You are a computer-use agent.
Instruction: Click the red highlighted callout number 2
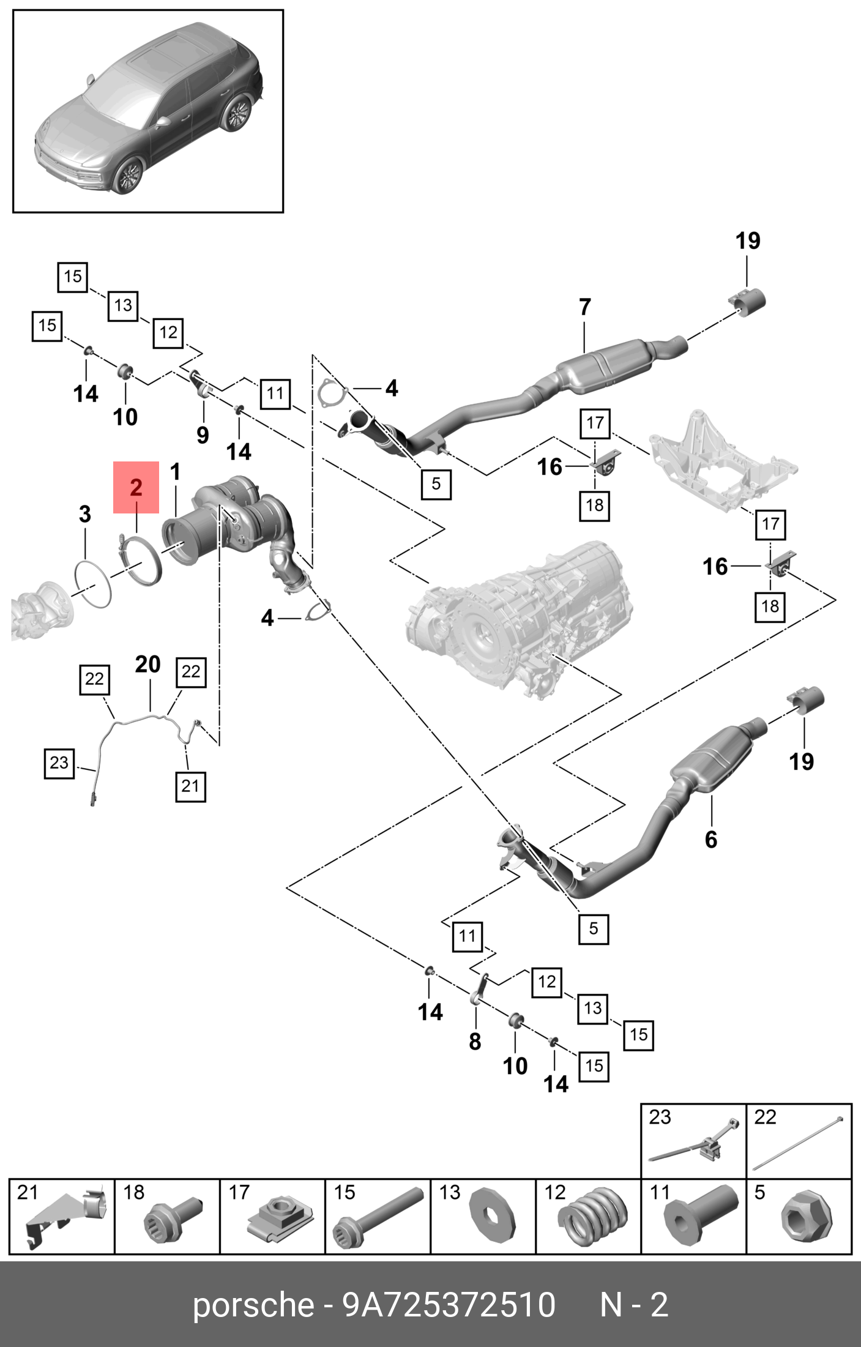coord(136,487)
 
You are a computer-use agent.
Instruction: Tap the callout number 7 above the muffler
coord(585,307)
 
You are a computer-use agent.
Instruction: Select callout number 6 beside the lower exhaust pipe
coord(710,839)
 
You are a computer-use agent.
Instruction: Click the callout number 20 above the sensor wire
coord(147,664)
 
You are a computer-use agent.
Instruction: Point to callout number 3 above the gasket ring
coord(85,514)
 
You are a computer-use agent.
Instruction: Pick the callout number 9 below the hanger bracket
coord(203,435)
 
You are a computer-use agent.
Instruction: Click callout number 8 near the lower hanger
coord(475,1041)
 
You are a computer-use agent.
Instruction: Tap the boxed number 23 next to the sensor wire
coord(59,763)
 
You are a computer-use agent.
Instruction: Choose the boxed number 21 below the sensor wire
coord(190,786)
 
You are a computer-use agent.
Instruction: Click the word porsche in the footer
coord(253,1305)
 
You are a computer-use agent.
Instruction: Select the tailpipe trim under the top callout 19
coord(748,300)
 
